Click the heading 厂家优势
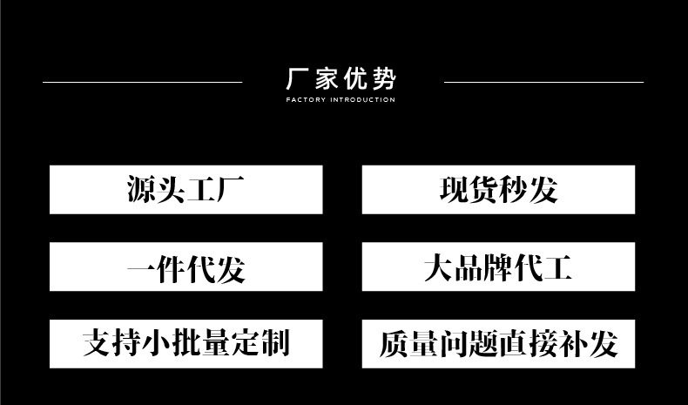pyautogui.click(x=341, y=80)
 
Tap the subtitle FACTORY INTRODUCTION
pyautogui.click(x=341, y=100)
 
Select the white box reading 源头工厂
pyautogui.click(x=185, y=189)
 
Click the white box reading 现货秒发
pyautogui.click(x=498, y=189)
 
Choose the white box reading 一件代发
pyautogui.click(x=185, y=267)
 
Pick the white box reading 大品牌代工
pyautogui.click(x=498, y=267)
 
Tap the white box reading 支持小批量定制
pyautogui.click(x=185, y=342)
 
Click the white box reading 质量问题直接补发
pyautogui.click(x=498, y=342)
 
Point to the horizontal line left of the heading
pyautogui.click(x=142, y=82)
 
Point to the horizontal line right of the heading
pyautogui.click(x=543, y=82)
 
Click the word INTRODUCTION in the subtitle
pyautogui.click(x=362, y=100)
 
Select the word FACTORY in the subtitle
pyautogui.click(x=305, y=100)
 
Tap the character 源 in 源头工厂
pyautogui.click(x=142, y=189)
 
